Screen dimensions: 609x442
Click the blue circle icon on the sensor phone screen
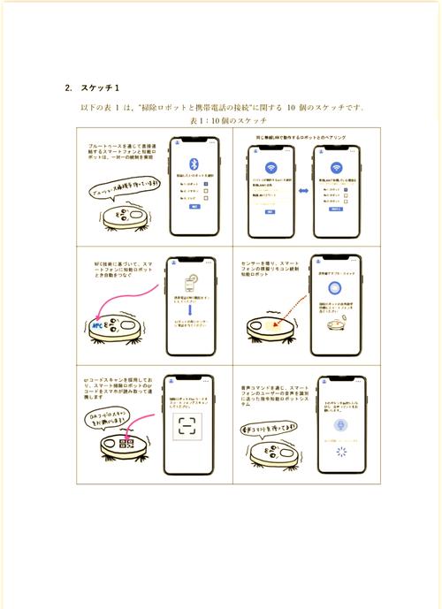pyautogui.click(x=336, y=288)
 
